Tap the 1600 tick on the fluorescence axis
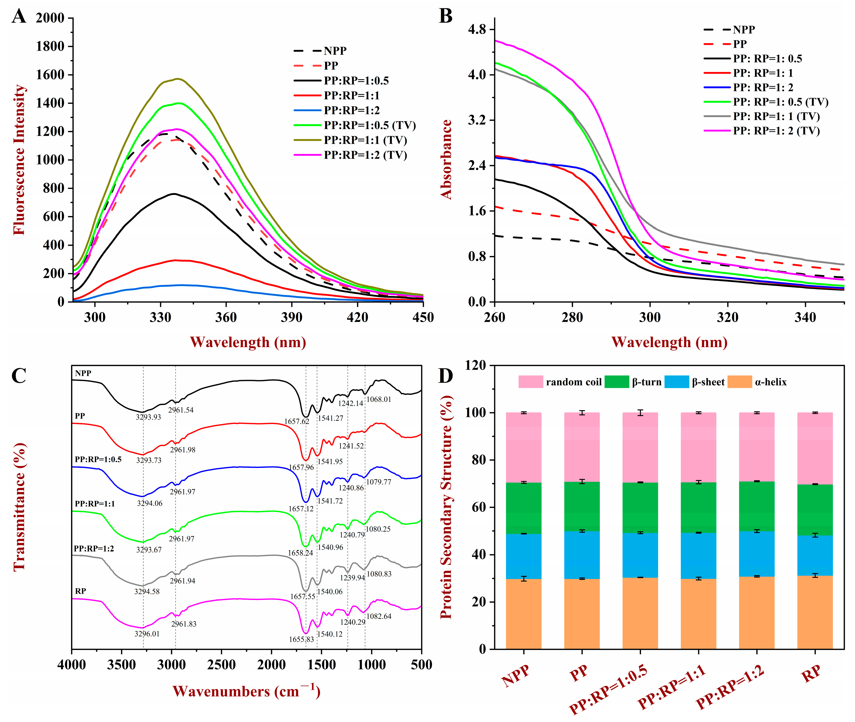pos(50,75)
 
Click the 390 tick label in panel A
pos(292,318)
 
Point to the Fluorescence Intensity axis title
pos(19,160)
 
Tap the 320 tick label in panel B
pos(727,318)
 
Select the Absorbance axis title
pos(446,160)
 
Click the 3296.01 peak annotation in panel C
pos(147,634)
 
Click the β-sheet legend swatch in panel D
pos(676,382)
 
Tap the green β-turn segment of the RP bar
pos(815,510)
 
